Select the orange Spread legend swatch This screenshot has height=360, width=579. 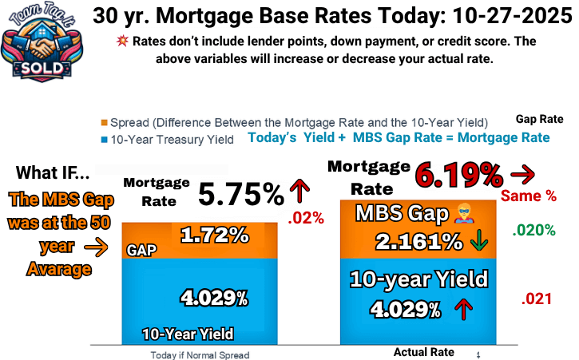(x=104, y=123)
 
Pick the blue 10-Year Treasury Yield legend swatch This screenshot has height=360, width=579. (x=104, y=140)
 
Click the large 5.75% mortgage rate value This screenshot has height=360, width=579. (x=240, y=193)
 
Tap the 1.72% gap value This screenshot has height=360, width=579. (x=213, y=236)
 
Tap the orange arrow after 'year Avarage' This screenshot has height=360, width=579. (x=95, y=249)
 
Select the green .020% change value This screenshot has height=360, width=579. (x=534, y=231)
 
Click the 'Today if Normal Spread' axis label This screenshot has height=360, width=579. (x=199, y=354)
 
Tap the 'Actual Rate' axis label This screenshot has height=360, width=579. (x=423, y=352)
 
